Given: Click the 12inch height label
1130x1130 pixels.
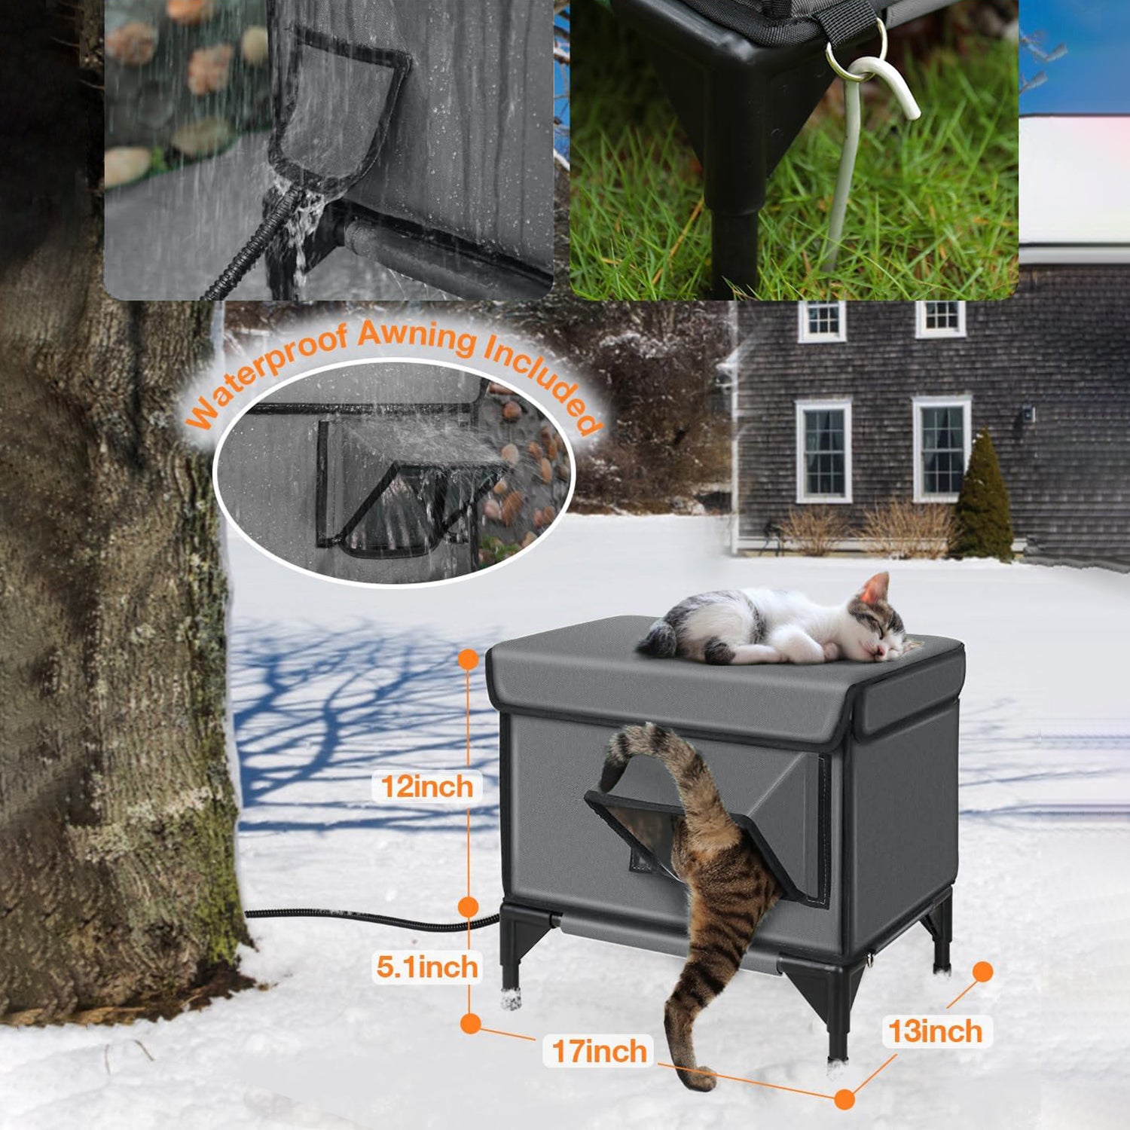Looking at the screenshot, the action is click(427, 787).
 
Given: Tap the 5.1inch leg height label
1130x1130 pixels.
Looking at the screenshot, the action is click(427, 967).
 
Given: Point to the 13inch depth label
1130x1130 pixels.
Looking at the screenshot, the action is click(935, 1031).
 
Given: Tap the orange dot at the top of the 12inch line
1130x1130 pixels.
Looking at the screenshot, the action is click(468, 659).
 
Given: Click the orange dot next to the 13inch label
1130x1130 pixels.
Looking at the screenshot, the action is click(982, 972).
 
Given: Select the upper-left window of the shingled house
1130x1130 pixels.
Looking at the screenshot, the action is click(822, 320).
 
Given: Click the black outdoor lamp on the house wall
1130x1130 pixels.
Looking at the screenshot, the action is click(1026, 414).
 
